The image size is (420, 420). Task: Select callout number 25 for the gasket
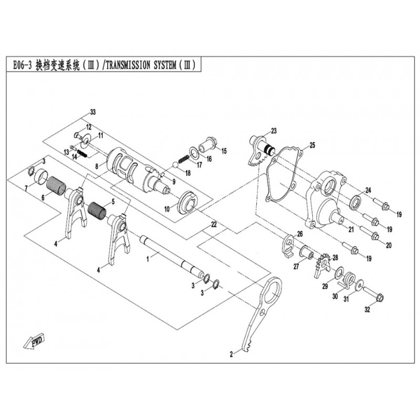[x=312, y=144]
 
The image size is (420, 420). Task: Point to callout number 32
[x=367, y=310]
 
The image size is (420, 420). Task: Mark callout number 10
[x=167, y=208]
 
